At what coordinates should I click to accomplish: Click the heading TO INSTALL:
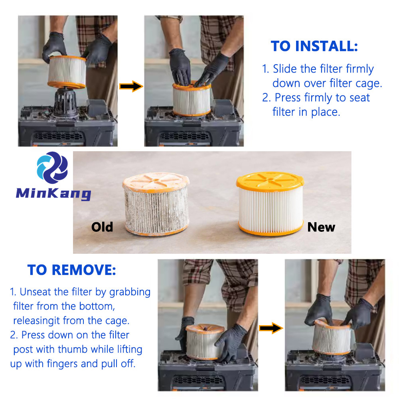point(314,46)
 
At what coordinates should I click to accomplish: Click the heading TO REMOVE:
point(71,270)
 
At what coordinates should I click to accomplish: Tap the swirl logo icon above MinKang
point(52,168)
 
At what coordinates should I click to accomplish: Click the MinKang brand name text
point(53,194)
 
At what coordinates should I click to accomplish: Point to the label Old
point(102,227)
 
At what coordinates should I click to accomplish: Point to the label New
point(321,227)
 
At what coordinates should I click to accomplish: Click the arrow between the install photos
point(131,86)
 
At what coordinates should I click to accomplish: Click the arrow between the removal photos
point(271,328)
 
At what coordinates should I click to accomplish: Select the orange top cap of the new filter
point(270,181)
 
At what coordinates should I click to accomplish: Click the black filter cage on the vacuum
point(66,101)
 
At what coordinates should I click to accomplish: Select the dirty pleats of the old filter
point(156,210)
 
